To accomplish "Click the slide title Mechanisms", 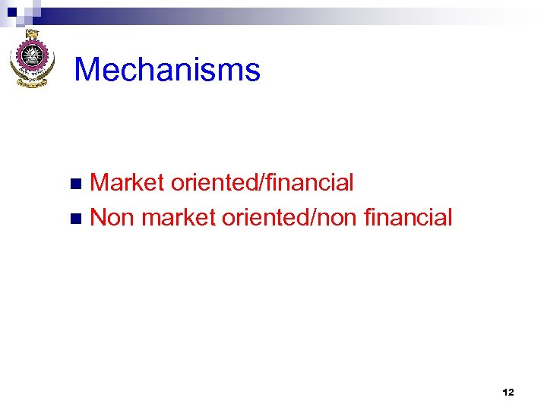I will pyautogui.click(x=167, y=70).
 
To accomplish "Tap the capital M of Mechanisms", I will pyautogui.click(x=87, y=70).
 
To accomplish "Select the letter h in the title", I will pyautogui.click(x=141, y=70).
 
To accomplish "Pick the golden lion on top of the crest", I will pyautogui.click(x=33, y=35).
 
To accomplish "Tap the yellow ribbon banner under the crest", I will pyautogui.click(x=33, y=82).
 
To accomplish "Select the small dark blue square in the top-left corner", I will pyautogui.click(x=12, y=11).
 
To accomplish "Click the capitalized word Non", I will pyautogui.click(x=112, y=218).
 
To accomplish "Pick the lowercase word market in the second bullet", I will pyautogui.click(x=179, y=218).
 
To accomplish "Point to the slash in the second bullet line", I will pyautogui.click(x=311, y=218).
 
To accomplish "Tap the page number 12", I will pyautogui.click(x=508, y=393).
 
